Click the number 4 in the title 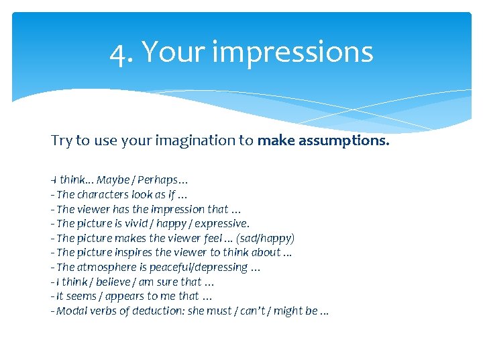pyautogui.click(x=119, y=52)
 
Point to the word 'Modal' pyautogui.click(x=70, y=311)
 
